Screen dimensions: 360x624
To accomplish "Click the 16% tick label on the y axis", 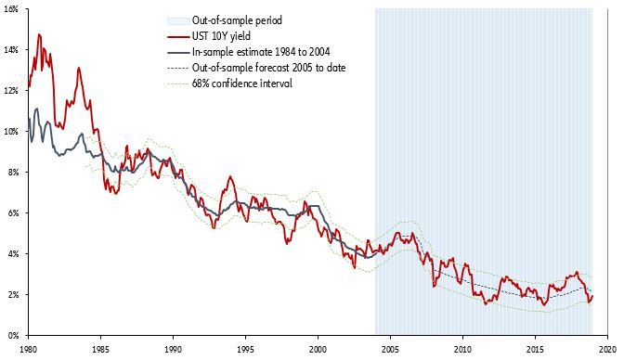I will tap(12, 8).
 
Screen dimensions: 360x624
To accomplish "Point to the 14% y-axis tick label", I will tap(12, 49).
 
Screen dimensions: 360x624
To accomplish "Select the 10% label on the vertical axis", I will tap(12, 131).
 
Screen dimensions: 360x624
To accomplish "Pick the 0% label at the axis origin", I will tap(14, 335).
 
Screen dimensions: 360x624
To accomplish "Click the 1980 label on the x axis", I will tap(29, 349).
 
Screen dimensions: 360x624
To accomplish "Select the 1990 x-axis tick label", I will tap(173, 349).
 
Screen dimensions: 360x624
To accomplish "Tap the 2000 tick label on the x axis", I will tap(318, 349).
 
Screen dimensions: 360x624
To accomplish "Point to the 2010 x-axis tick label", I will tap(461, 349).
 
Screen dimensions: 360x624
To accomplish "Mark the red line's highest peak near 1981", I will tap(38, 34).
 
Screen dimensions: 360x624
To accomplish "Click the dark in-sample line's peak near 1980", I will tap(36, 109).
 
